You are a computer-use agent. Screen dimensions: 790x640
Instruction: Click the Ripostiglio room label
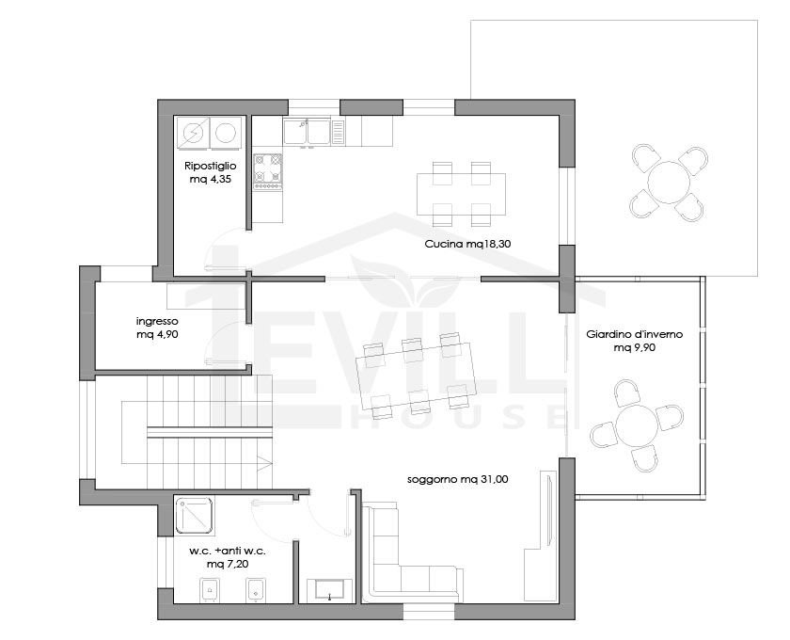point(210,166)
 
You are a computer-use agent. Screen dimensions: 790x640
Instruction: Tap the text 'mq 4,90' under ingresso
point(157,334)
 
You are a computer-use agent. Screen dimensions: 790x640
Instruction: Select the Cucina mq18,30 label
point(468,244)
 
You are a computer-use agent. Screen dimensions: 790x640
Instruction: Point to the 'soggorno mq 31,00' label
point(457,479)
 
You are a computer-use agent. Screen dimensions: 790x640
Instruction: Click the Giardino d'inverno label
point(634,334)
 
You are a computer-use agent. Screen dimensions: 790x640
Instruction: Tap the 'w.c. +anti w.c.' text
point(228,551)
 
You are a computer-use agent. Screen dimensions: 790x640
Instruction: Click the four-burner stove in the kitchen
point(267,172)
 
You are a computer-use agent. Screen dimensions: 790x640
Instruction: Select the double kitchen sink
point(307,132)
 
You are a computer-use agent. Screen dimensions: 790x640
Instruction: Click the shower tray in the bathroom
point(195,516)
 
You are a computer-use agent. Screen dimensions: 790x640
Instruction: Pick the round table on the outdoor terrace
point(668,182)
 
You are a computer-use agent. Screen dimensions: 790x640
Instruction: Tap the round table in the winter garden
point(636,425)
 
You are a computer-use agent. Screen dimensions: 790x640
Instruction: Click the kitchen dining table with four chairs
point(461,194)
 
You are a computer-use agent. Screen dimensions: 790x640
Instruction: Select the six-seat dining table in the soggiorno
point(416,375)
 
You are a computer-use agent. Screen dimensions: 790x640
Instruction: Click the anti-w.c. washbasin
point(329,591)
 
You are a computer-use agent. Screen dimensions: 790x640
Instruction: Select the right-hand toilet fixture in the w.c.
point(256,589)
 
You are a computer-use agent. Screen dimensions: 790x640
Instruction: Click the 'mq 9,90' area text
point(634,347)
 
